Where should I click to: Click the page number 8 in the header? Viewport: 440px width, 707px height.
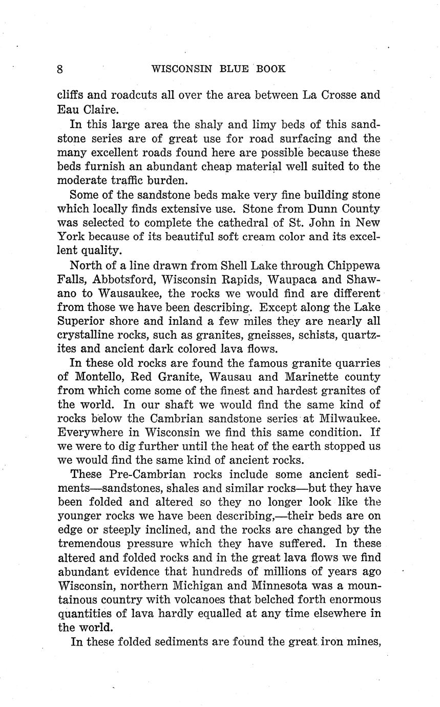click(60, 69)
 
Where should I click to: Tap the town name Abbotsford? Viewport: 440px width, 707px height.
click(128, 280)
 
